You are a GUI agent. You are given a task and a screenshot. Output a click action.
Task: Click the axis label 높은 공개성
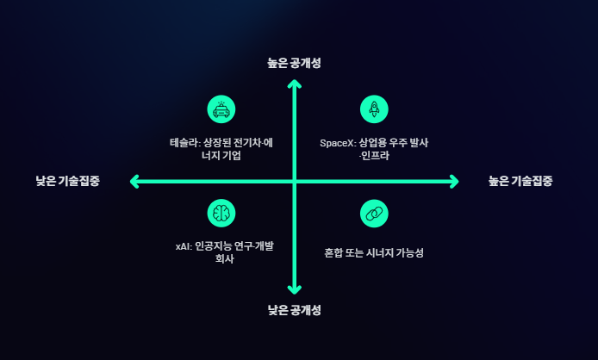294,62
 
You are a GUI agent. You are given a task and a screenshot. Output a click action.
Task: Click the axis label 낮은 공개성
294,309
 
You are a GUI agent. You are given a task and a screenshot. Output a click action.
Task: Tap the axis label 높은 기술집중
520,181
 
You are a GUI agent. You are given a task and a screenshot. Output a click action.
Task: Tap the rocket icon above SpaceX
374,109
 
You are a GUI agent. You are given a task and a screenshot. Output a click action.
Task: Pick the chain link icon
374,213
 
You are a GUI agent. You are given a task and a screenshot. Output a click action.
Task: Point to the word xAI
181,245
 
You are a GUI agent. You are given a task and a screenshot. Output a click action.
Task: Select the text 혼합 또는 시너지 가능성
368,253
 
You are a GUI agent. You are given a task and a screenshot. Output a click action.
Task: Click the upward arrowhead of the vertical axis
294,84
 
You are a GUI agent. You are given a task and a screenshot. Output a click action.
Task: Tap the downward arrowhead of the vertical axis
294,289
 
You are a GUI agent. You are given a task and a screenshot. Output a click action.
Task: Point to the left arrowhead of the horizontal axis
134,181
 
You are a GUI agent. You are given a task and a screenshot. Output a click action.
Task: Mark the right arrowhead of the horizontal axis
454,181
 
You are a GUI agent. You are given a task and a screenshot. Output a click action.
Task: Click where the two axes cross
294,181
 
